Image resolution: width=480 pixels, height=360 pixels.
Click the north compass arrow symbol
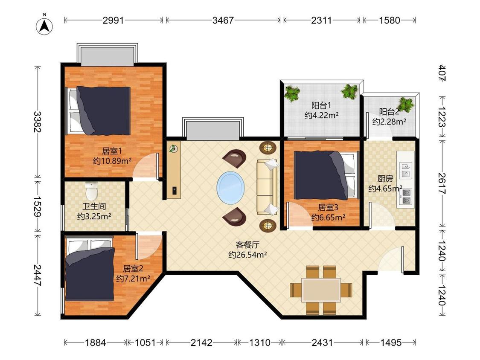44,26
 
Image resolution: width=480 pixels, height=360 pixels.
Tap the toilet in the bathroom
91,190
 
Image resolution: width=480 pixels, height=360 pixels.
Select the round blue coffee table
230,187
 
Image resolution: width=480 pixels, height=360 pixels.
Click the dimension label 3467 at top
223,20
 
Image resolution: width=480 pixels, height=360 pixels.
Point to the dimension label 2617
442,184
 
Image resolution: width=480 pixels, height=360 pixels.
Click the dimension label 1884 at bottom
95,342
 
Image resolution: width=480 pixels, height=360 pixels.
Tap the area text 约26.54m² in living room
247,255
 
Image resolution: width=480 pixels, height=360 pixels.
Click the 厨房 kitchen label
385,178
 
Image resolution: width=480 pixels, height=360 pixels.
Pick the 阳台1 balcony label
321,105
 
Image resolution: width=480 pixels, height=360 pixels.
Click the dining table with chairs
321,290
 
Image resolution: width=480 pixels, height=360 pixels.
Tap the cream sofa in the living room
268,187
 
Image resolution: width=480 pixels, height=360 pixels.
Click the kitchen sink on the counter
406,170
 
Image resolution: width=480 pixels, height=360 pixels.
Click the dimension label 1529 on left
38,206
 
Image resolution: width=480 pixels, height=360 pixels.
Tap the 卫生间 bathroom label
94,206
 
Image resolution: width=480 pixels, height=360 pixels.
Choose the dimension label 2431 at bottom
322,342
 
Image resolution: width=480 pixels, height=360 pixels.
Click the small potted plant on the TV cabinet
174,149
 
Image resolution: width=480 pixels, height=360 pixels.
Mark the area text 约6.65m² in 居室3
328,218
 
